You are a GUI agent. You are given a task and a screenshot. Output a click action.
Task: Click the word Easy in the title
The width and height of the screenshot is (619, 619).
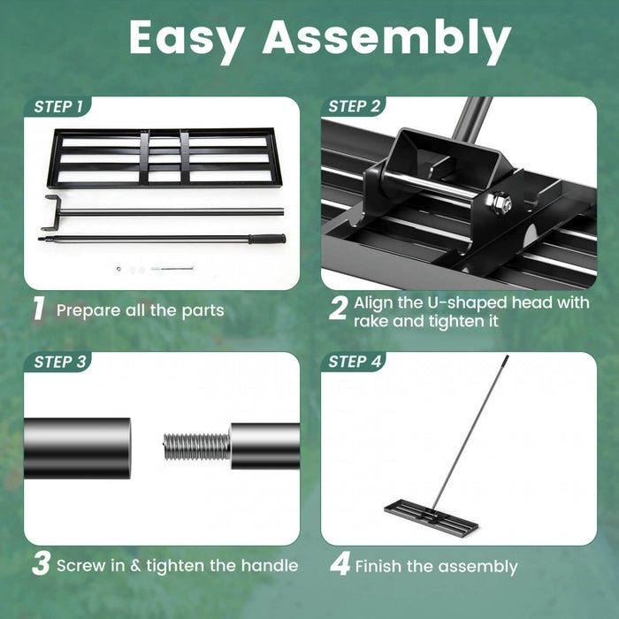187,38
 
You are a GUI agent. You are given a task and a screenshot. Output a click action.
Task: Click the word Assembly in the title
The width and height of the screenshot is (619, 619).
386,40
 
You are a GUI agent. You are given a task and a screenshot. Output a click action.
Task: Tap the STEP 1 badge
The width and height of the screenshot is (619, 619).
59,107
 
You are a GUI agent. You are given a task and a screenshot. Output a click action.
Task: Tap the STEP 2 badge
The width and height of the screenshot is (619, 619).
354,107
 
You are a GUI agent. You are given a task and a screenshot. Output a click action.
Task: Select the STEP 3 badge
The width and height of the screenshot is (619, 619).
59,362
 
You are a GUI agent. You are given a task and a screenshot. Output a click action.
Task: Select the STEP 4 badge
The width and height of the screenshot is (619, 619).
354,362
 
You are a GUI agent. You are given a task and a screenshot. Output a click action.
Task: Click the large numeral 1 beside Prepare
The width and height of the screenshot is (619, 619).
38,309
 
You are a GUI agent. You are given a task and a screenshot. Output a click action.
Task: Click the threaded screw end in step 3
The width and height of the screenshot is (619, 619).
196,446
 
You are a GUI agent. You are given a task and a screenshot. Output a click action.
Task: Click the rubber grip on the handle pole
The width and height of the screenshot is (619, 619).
266,239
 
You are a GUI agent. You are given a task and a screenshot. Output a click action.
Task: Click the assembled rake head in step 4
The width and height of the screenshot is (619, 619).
431,517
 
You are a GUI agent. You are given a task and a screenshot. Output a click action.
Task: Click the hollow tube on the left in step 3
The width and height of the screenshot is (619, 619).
77,447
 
